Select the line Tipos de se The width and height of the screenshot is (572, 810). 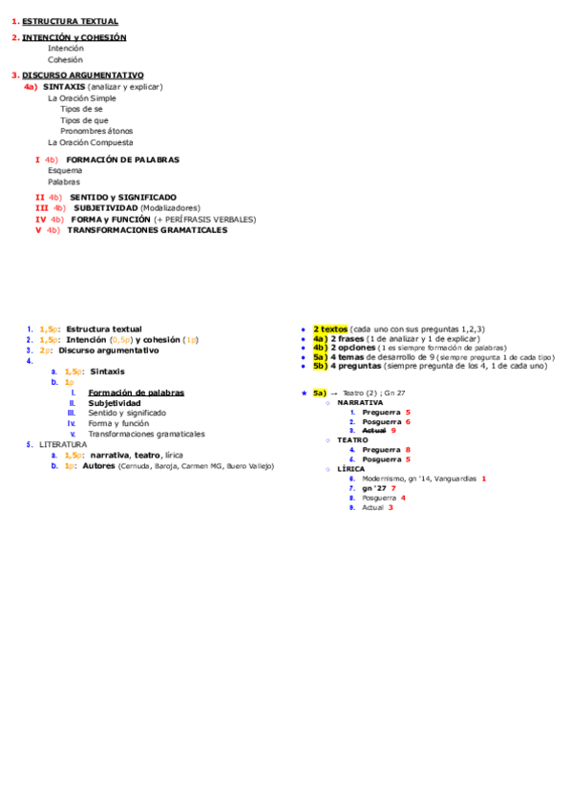81,109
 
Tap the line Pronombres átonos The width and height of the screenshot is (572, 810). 96,131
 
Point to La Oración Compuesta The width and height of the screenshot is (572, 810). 91,142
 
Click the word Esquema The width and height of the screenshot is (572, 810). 65,170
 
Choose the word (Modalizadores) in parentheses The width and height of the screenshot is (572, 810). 170,207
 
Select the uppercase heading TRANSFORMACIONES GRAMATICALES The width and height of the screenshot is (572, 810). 147,230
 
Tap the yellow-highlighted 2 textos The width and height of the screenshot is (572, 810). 330,329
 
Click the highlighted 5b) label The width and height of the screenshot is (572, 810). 320,366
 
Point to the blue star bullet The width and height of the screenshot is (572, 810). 304,393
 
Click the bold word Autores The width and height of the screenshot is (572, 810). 98,466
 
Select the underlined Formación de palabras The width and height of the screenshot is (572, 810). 136,393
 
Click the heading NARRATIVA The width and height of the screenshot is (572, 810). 360,402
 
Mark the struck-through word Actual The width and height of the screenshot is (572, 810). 374,431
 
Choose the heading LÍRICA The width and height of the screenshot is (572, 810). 350,469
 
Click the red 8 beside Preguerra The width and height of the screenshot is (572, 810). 408,449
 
